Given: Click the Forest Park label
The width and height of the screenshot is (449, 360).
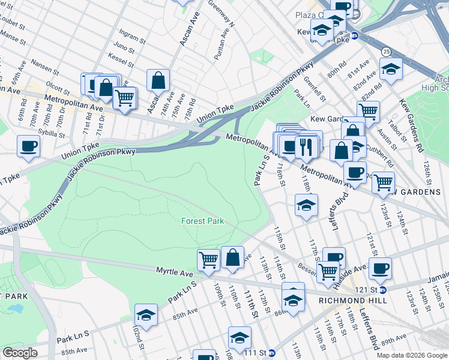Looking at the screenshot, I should [x=202, y=221].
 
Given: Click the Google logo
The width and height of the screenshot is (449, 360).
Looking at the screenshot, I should [x=20, y=353].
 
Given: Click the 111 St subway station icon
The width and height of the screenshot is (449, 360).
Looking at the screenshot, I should [x=271, y=353].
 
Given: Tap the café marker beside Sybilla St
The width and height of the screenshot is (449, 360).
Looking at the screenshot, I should [x=28, y=145].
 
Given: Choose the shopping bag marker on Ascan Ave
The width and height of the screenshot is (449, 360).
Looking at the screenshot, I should [x=158, y=79].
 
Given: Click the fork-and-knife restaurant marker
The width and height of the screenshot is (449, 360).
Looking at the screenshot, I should [x=306, y=146].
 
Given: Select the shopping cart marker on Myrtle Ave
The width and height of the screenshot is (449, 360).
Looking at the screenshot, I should [x=208, y=260].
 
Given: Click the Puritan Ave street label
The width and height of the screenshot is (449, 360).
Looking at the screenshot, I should [x=219, y=45].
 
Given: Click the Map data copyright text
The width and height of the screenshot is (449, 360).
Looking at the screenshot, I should [x=411, y=355].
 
